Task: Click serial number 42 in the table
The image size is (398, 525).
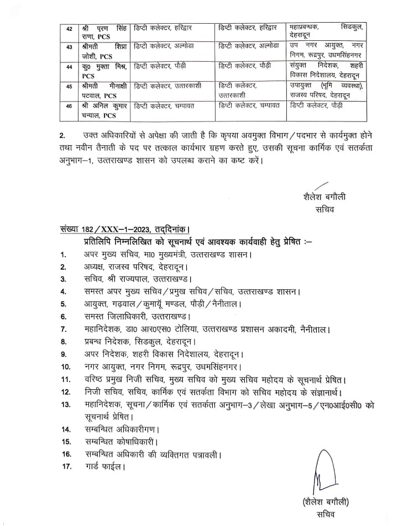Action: [69, 28]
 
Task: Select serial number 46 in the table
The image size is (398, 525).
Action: [69, 106]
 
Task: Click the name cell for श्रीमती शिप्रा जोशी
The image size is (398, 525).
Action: [104, 51]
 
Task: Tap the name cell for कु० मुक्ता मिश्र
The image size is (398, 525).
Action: [104, 71]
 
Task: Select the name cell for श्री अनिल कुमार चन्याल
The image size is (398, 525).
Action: [104, 110]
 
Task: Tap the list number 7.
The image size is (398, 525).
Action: [64, 330]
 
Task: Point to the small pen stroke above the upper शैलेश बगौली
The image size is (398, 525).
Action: [321, 187]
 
